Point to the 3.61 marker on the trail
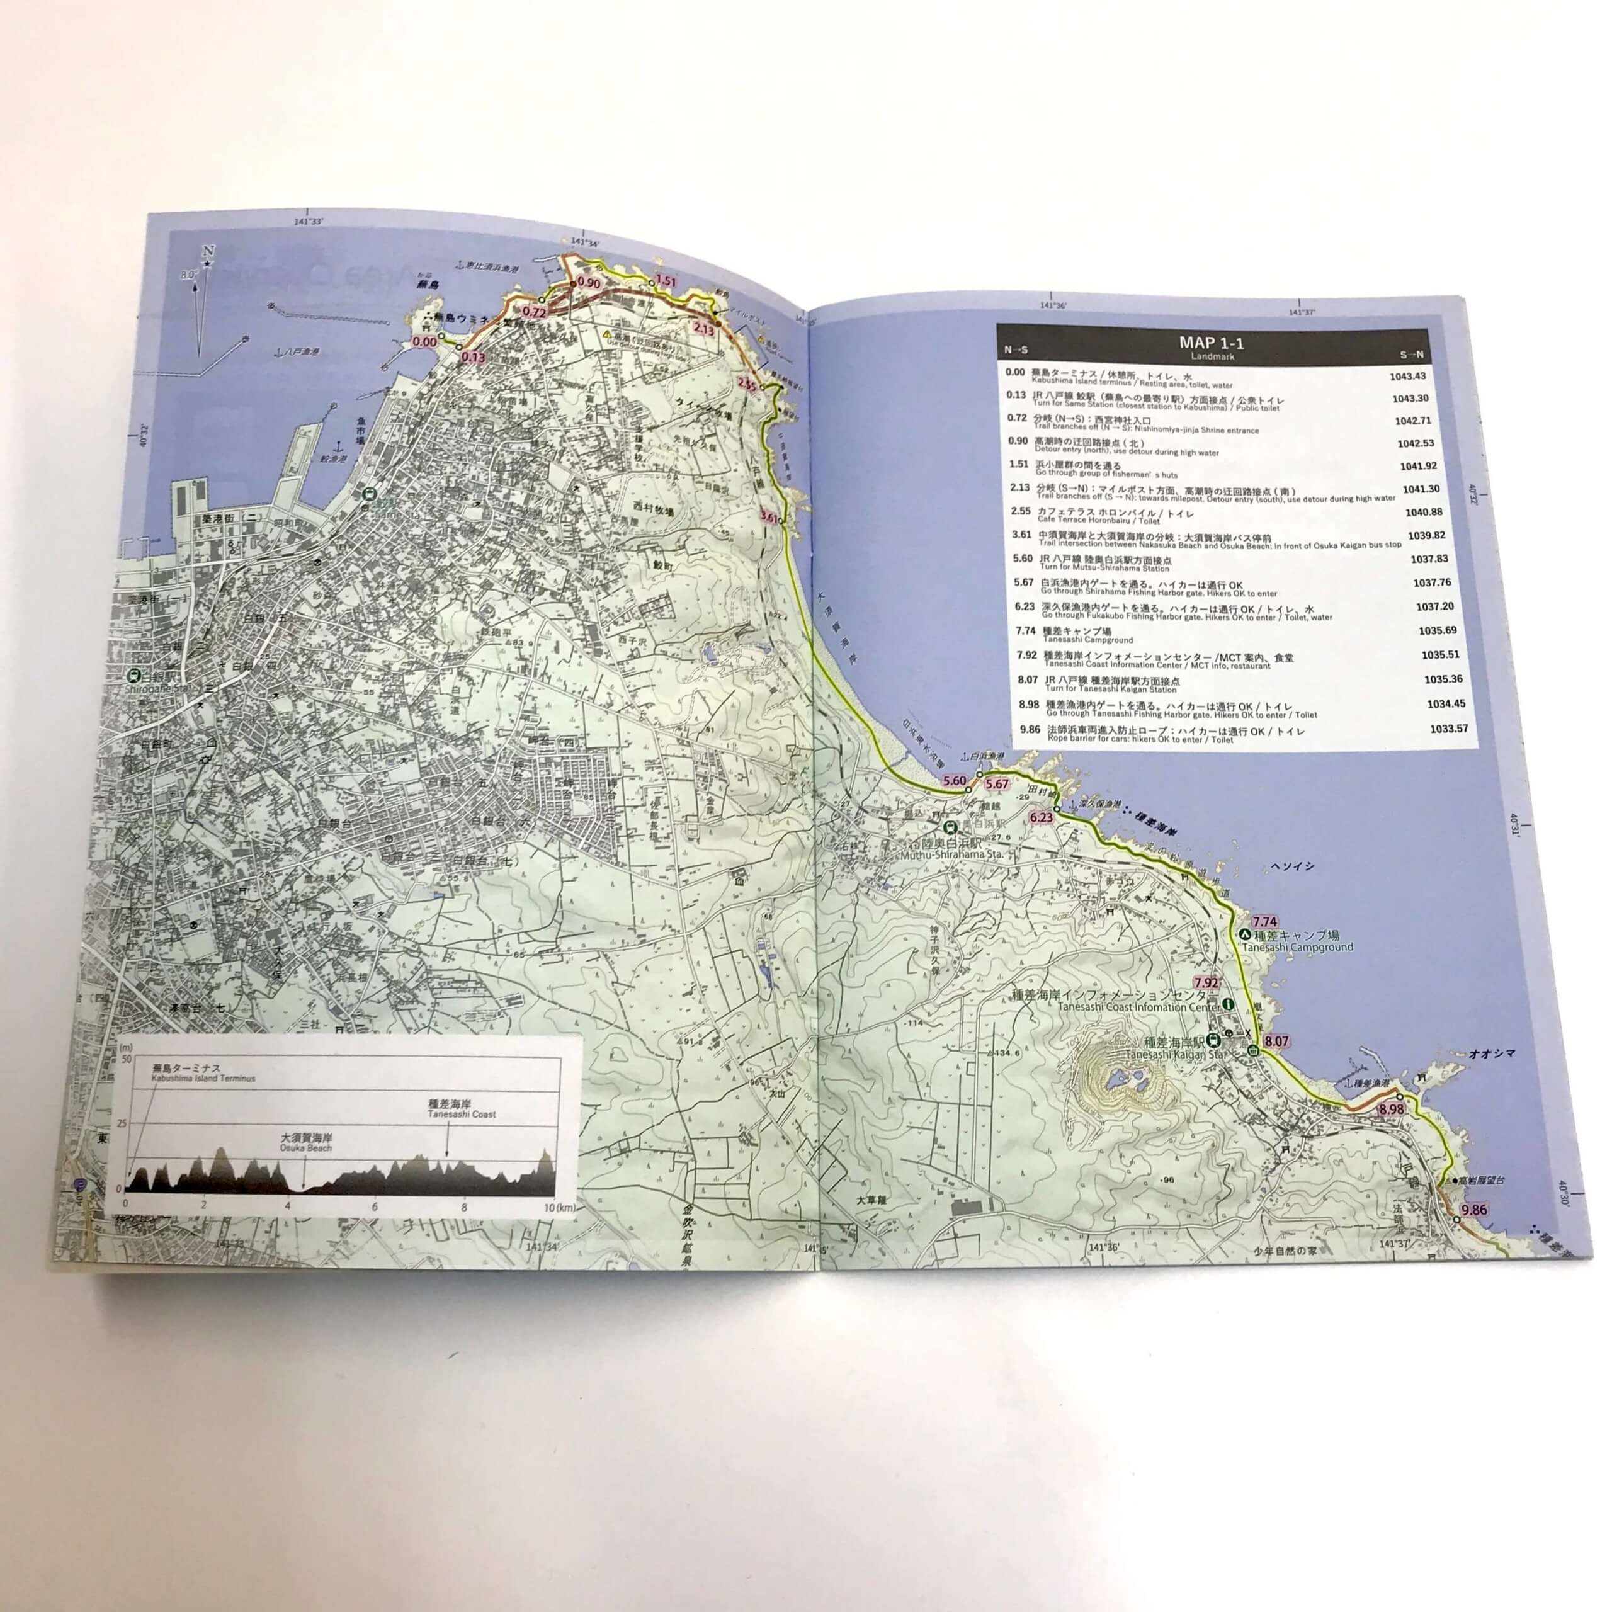tap(770, 518)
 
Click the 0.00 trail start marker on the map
tap(424, 341)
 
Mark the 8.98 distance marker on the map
tap(1391, 1109)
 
